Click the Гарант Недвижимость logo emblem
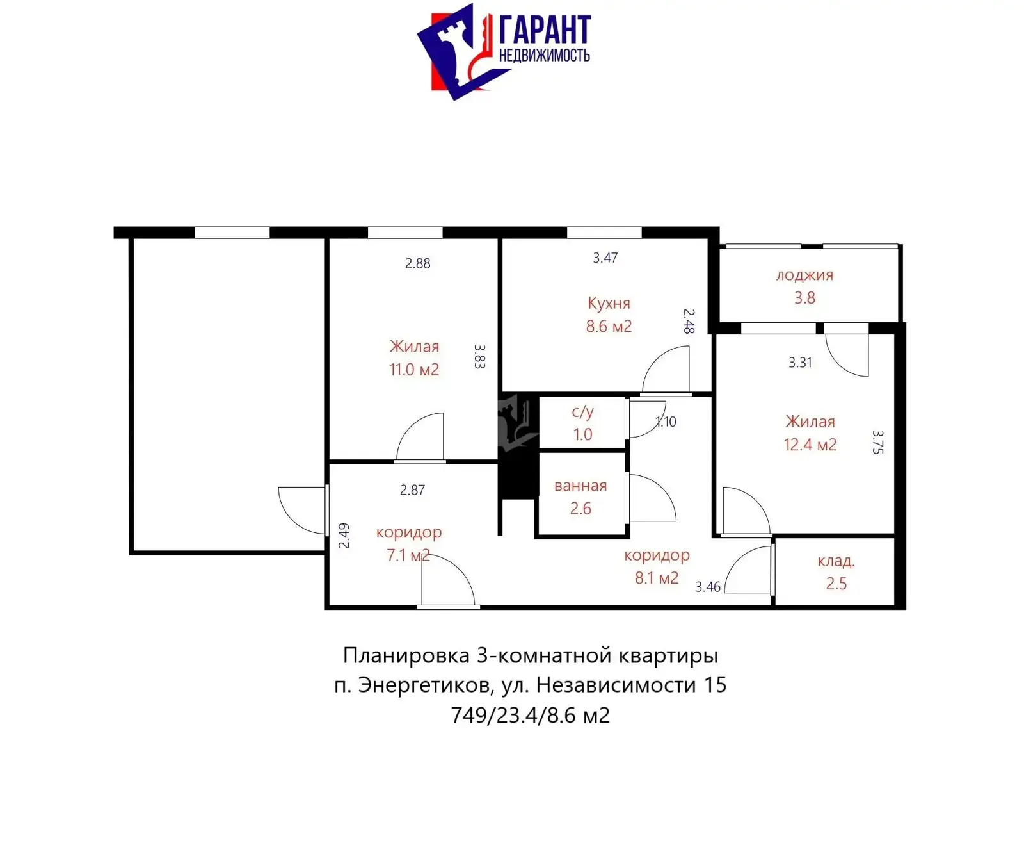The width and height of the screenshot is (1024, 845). tap(456, 51)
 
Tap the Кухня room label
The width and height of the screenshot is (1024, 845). tap(609, 303)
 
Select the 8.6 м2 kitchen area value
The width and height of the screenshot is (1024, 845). tap(609, 326)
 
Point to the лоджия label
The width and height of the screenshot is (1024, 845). tap(804, 275)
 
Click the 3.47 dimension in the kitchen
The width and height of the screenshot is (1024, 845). tap(605, 258)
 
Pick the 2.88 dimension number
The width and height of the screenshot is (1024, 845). tap(417, 263)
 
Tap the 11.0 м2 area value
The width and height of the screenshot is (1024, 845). tap(414, 370)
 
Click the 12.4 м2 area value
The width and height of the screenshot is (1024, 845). tap(810, 445)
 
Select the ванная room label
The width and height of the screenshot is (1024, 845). tap(580, 486)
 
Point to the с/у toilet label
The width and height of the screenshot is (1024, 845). tap(582, 412)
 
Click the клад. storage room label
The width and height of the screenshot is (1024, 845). tap(836, 561)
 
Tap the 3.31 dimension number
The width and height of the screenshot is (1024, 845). tap(800, 363)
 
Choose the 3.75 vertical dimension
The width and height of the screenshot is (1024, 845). tap(878, 442)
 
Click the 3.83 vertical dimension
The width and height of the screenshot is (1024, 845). tap(479, 356)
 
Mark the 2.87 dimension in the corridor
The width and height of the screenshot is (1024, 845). tap(412, 490)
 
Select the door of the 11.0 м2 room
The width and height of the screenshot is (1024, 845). tap(421, 437)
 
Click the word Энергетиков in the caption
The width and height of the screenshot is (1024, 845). tap(424, 685)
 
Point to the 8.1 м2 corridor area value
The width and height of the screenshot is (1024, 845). tap(656, 578)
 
